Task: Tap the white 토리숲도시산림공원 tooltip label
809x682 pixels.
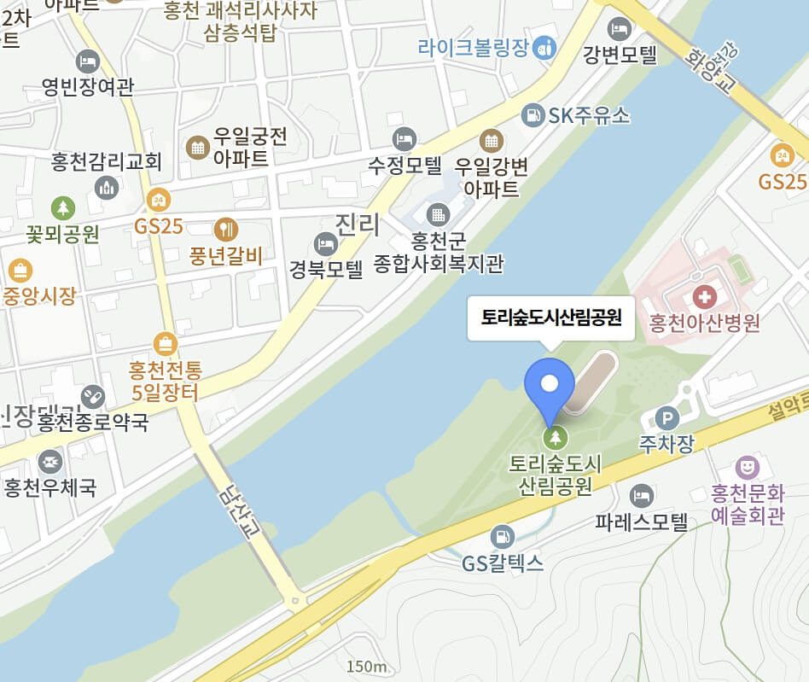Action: coord(551,318)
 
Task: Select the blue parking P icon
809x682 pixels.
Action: coord(666,418)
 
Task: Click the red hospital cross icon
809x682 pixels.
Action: coord(705,298)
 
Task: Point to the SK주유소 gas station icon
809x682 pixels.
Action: coord(533,114)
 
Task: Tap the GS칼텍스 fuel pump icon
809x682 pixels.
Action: coord(503,536)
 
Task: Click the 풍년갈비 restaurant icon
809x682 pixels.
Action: coord(226,228)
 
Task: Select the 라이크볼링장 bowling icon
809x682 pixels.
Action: coord(544,48)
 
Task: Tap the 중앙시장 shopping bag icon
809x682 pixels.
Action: coord(19,271)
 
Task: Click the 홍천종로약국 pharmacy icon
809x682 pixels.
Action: coord(92,396)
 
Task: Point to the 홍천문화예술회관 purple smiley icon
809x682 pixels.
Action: coord(748,467)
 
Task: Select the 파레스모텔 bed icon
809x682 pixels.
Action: coord(641,496)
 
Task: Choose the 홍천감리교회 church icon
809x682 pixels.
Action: coord(108,187)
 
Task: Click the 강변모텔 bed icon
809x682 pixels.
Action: coord(620,30)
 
